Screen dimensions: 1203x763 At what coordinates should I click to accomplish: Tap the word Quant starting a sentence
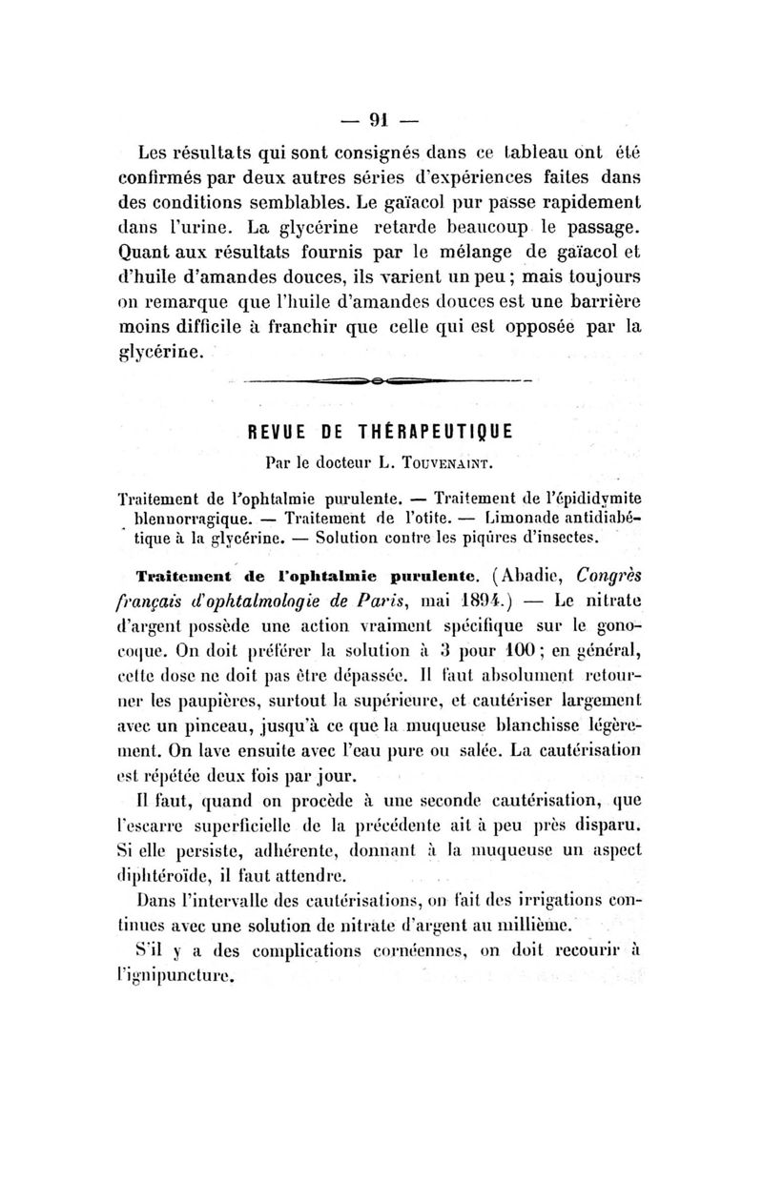coord(167,253)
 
